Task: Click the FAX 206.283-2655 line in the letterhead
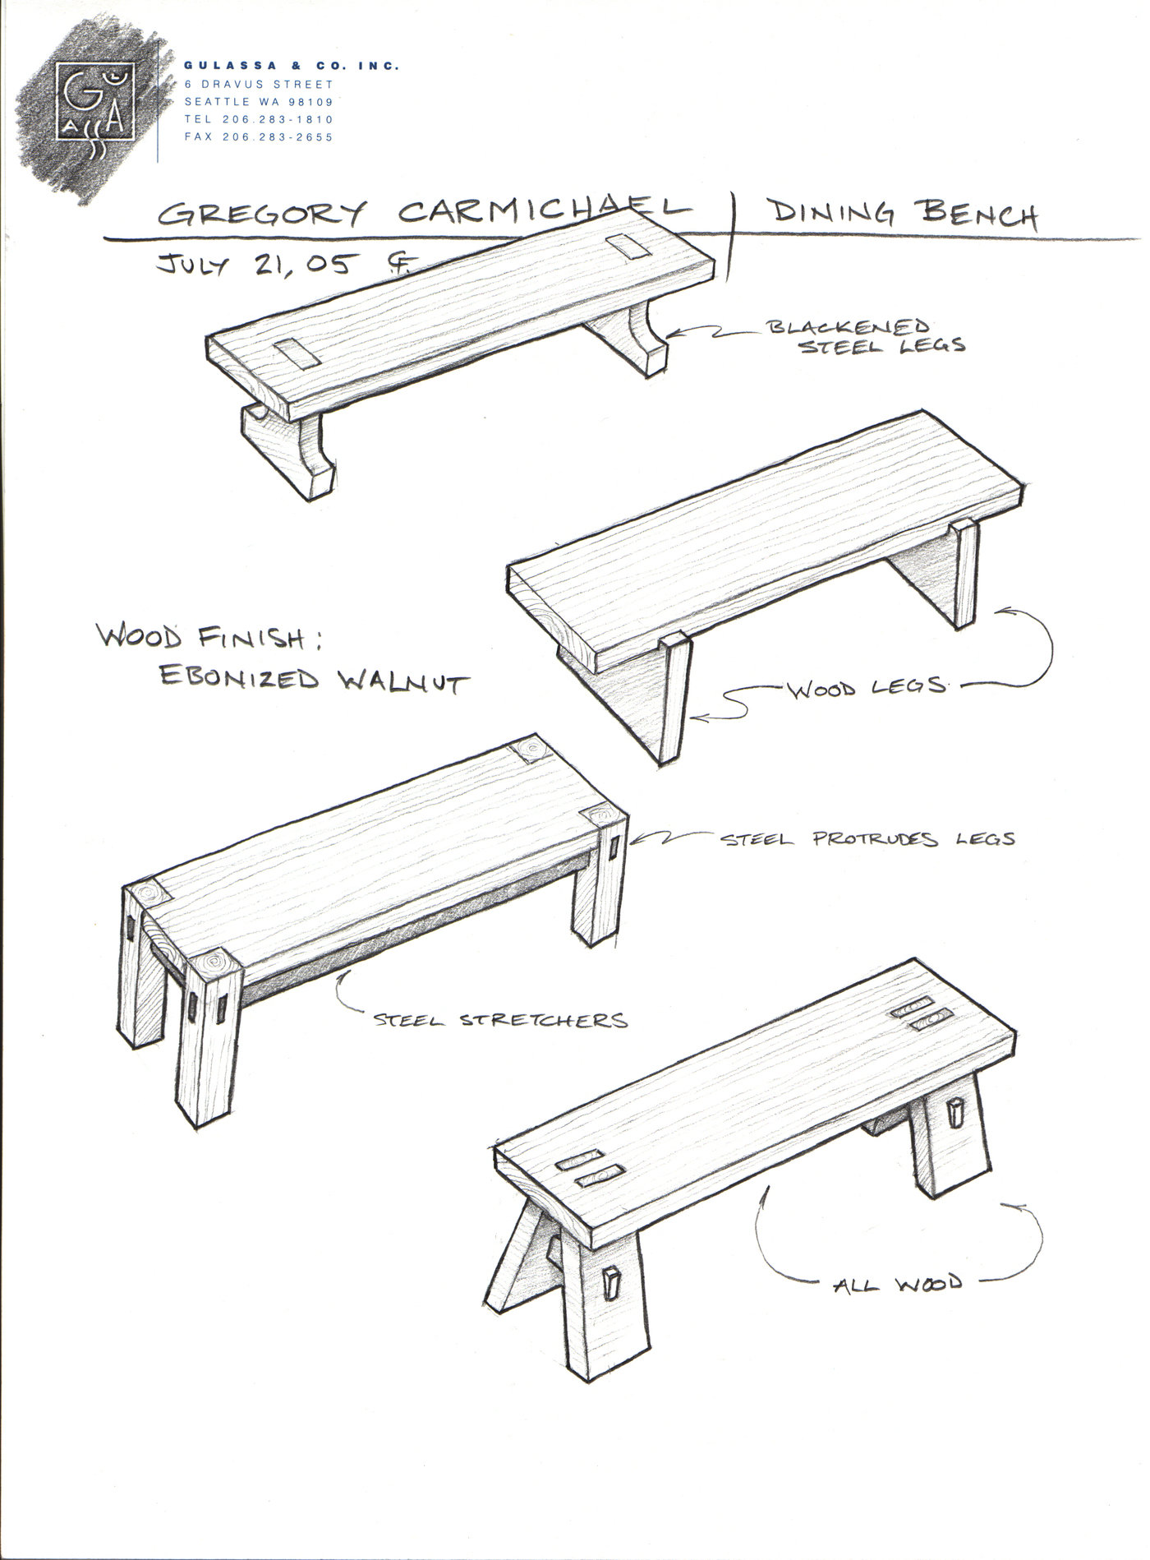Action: (259, 137)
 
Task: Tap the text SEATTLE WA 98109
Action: (259, 102)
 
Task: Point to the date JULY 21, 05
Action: (258, 265)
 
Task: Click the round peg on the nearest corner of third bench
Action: (215, 960)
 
